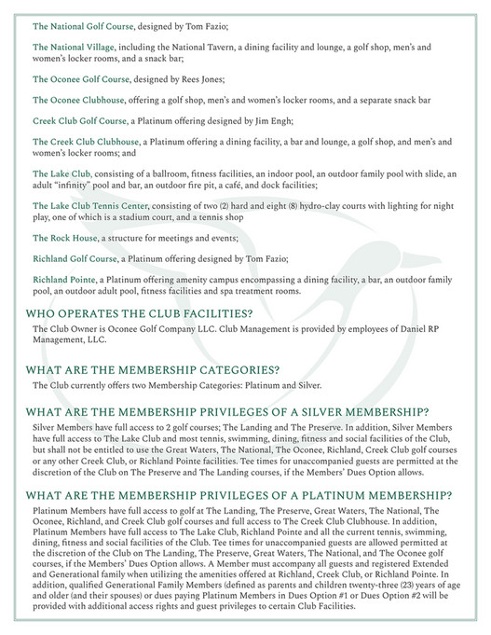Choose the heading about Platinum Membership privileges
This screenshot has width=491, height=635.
coord(239,495)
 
